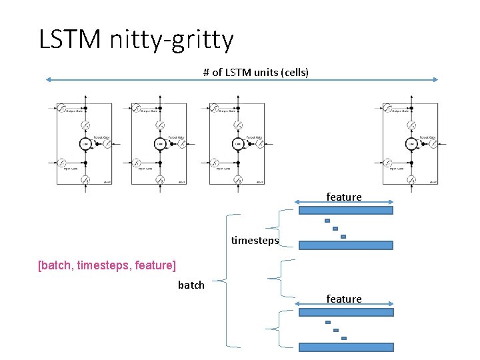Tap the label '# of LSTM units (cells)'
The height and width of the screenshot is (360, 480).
pos(256,72)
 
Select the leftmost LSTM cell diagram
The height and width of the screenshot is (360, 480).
pos(84,144)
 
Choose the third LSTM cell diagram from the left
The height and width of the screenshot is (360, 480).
pos(237,144)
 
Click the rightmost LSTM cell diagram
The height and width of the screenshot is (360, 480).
pos(411,144)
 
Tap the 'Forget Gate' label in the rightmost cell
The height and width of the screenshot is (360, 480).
pos(427,137)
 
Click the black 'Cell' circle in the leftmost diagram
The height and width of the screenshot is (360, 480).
pos(85,143)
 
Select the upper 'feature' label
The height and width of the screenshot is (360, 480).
pos(344,197)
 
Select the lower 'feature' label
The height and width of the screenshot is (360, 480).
pos(344,299)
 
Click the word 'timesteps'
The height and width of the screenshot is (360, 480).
pos(255,241)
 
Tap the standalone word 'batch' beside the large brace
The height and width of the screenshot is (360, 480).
pos(191,285)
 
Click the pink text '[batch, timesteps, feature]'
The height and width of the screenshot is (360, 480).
pos(107,265)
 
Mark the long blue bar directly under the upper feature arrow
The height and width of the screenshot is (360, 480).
pos(345,210)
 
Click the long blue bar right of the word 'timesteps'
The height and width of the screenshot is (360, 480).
pos(345,245)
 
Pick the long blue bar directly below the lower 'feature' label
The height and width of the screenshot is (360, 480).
pos(345,312)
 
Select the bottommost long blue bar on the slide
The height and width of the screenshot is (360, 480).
pos(345,347)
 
